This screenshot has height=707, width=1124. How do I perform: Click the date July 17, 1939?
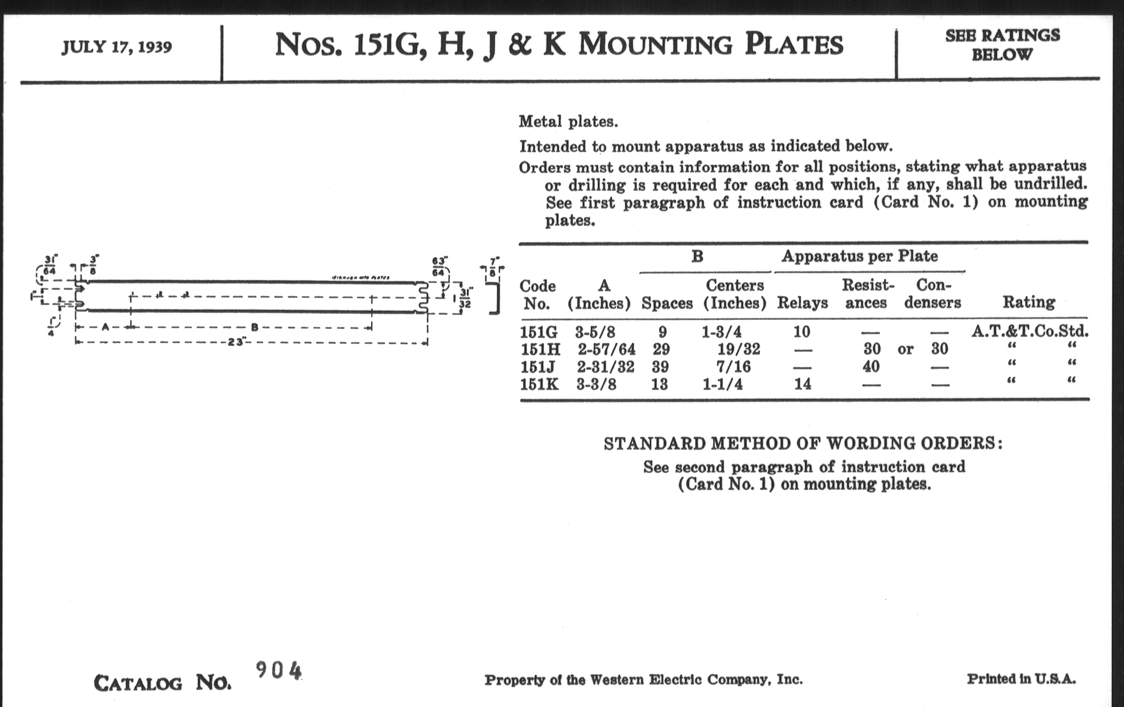[x=116, y=47]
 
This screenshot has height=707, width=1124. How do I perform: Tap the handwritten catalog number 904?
[x=279, y=671]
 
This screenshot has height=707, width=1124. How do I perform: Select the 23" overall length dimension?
[x=236, y=342]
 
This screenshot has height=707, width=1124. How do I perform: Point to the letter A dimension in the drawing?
[x=105, y=327]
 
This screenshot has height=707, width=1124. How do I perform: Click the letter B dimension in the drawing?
[x=254, y=327]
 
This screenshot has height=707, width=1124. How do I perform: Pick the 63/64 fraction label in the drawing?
[x=439, y=267]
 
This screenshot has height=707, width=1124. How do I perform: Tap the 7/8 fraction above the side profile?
[x=493, y=267]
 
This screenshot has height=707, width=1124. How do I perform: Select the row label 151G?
[x=539, y=332]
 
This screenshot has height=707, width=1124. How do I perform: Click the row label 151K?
[x=539, y=384]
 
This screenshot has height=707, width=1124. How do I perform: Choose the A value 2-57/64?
[x=606, y=349]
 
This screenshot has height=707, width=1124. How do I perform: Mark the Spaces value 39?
[x=660, y=367]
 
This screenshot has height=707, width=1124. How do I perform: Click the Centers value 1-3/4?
[x=721, y=332]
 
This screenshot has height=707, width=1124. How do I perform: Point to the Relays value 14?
[x=802, y=384]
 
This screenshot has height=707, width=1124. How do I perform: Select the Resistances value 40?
[x=871, y=367]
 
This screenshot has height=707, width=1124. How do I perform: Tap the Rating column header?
[x=1029, y=303]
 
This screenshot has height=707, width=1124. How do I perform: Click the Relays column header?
[x=802, y=303]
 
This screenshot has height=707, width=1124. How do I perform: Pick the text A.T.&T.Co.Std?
[x=1030, y=332]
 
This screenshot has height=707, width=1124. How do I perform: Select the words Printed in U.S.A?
[x=1021, y=679]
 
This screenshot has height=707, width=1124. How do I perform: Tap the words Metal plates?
[x=568, y=122]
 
